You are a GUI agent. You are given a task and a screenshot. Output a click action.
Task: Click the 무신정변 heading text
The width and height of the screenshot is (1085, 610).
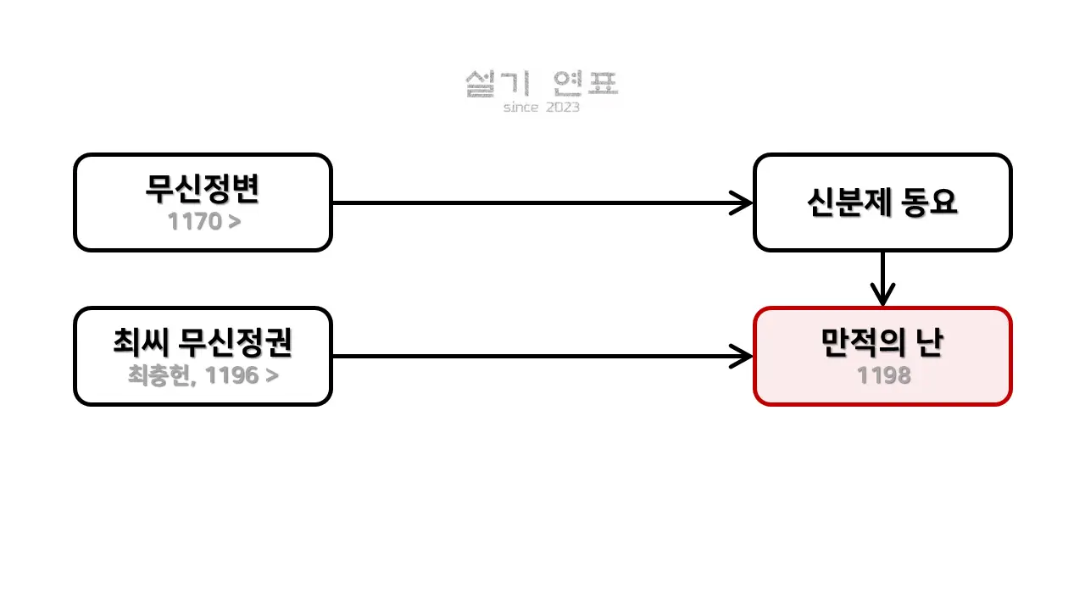click(x=203, y=188)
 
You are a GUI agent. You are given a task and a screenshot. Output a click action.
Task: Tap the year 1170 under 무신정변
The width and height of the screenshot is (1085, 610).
click(x=195, y=222)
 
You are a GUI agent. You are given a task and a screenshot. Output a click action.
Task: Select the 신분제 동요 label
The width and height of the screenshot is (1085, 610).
click(x=882, y=202)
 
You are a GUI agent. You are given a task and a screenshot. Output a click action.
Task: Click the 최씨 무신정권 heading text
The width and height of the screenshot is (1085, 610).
click(x=203, y=341)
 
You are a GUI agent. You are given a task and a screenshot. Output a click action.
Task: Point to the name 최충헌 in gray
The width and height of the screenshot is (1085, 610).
click(x=159, y=375)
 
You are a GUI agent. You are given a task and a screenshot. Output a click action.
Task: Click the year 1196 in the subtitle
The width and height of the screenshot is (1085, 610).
click(x=231, y=375)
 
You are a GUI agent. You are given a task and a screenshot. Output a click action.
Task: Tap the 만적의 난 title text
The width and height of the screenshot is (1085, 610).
click(x=882, y=341)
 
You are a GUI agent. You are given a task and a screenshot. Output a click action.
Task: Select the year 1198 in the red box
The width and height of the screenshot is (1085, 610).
click(x=883, y=375)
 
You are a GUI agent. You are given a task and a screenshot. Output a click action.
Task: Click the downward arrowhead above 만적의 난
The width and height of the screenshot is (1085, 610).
click(x=882, y=297)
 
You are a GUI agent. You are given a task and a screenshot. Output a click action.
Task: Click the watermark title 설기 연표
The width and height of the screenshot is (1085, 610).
click(x=542, y=84)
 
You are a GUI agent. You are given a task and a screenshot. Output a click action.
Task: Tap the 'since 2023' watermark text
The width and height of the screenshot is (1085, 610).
click(x=542, y=107)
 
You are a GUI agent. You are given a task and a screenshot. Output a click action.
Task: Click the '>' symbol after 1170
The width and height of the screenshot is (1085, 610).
click(x=235, y=222)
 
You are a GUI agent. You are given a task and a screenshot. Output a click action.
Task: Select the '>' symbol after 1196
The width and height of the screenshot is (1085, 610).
click(x=272, y=375)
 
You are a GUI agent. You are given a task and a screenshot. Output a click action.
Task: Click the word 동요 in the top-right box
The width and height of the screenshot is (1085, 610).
click(x=929, y=202)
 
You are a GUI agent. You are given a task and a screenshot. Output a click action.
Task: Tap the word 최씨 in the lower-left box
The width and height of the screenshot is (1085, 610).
click(x=142, y=341)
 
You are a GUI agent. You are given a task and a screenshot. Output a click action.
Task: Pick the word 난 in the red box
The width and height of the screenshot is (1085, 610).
click(x=929, y=341)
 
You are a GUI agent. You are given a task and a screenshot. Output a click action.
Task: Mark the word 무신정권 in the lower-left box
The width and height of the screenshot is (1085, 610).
click(x=235, y=341)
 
